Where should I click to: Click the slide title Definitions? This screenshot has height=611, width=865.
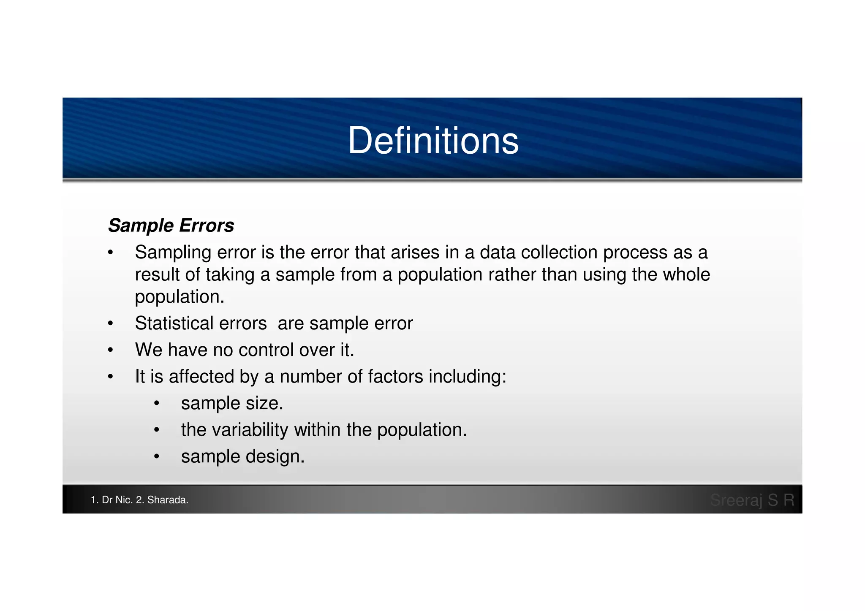pyautogui.click(x=433, y=141)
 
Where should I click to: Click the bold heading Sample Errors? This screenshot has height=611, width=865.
pyautogui.click(x=171, y=225)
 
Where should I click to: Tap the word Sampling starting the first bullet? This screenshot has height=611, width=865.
pyautogui.click(x=173, y=253)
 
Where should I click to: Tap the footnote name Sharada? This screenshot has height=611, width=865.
pyautogui.click(x=167, y=500)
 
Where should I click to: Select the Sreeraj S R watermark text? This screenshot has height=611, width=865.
pyautogui.click(x=752, y=500)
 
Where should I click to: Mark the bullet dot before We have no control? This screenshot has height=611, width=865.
pyautogui.click(x=111, y=350)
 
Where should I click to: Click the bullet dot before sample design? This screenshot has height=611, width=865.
pyautogui.click(x=157, y=457)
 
